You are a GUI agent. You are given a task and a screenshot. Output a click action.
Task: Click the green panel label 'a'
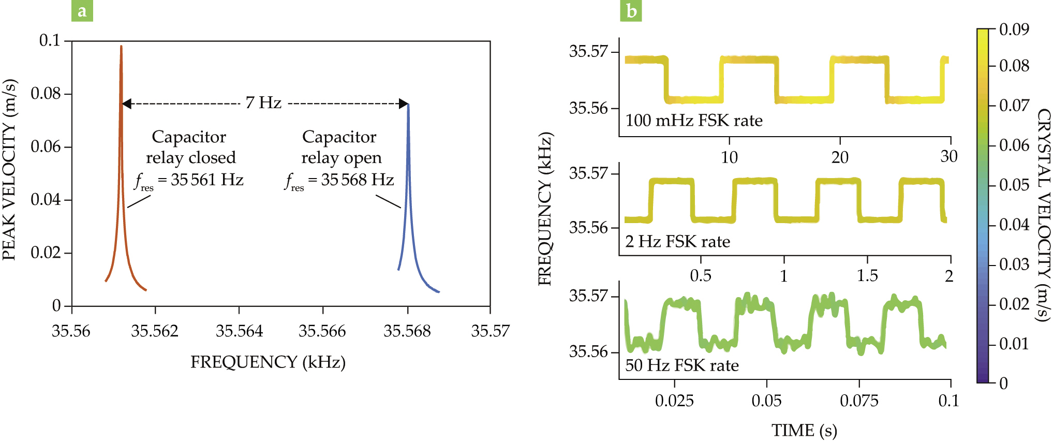[x=82, y=11]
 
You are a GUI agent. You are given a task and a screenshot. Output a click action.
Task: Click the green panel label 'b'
[x=631, y=11]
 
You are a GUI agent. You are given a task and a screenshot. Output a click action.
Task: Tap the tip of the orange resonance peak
[x=121, y=47]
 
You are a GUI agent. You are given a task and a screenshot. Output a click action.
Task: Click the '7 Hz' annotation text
[x=263, y=103]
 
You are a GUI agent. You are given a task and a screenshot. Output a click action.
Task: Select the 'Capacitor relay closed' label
[x=190, y=147]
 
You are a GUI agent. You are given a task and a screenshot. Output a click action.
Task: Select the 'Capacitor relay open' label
[x=340, y=147]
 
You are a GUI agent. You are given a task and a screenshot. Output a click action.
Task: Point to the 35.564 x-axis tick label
[x=239, y=331]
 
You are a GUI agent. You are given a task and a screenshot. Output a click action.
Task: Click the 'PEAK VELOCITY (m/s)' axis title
[x=9, y=169]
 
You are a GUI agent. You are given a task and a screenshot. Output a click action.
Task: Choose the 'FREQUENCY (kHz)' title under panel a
[x=268, y=362]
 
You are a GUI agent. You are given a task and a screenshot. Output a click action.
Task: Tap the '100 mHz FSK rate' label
[x=693, y=121]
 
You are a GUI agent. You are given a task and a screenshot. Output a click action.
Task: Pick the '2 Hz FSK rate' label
[x=677, y=242]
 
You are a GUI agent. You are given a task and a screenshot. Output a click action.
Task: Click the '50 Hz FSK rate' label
[x=681, y=366]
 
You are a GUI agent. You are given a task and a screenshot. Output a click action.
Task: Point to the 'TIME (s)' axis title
[x=804, y=431]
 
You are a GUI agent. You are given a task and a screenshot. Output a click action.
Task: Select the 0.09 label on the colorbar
[x=1014, y=30]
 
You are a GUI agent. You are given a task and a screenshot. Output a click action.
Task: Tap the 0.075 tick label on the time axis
[x=859, y=401]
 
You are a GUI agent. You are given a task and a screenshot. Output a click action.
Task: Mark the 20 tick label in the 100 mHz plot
[x=839, y=157]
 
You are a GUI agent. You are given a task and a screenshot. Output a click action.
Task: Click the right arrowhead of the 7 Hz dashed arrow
[x=404, y=104]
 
